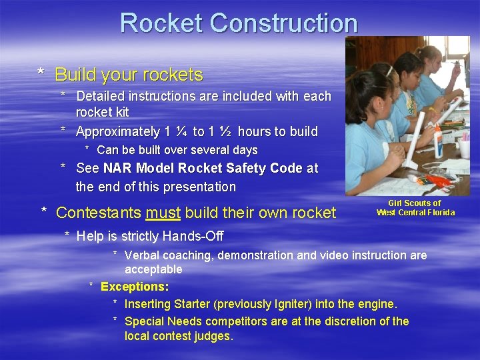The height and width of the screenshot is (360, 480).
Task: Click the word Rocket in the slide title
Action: click(x=162, y=23)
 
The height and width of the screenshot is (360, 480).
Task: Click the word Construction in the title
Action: click(x=284, y=23)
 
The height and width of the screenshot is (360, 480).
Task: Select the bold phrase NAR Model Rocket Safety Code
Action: click(x=203, y=168)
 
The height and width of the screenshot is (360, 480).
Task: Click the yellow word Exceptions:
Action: click(x=135, y=287)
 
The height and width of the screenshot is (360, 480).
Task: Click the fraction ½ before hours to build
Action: click(x=227, y=131)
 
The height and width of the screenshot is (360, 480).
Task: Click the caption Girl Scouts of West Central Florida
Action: click(x=415, y=208)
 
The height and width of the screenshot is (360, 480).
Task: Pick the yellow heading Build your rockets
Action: click(x=129, y=74)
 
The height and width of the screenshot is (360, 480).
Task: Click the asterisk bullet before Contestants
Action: click(x=44, y=213)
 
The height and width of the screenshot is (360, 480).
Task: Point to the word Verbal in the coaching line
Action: click(x=142, y=255)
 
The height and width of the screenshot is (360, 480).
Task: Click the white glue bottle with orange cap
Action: click(x=438, y=141)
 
